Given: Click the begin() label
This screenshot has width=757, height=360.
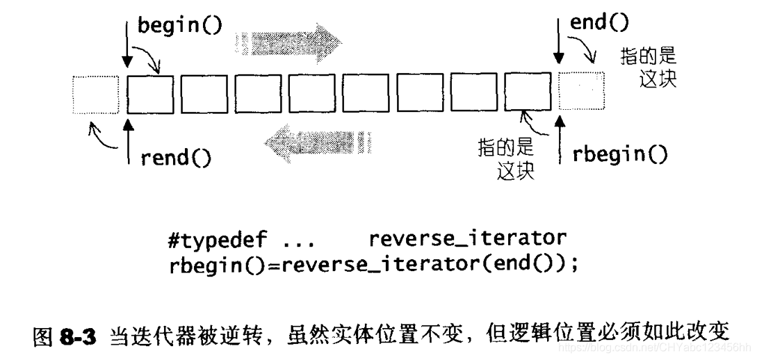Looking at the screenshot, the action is click(x=179, y=26).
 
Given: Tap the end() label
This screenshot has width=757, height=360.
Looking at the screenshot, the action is click(x=599, y=23).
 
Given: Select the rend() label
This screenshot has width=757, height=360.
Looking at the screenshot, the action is click(x=175, y=158).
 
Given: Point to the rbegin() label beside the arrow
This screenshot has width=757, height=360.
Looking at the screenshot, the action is click(x=620, y=154).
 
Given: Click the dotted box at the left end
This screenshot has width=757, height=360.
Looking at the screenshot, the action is click(x=96, y=95).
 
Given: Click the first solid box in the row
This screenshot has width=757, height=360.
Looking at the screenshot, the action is click(x=150, y=95).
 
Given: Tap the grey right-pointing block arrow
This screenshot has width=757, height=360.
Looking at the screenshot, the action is click(x=286, y=42).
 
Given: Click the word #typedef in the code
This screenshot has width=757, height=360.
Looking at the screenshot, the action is click(x=218, y=240).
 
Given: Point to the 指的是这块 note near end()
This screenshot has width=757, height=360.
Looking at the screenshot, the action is click(x=649, y=68).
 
